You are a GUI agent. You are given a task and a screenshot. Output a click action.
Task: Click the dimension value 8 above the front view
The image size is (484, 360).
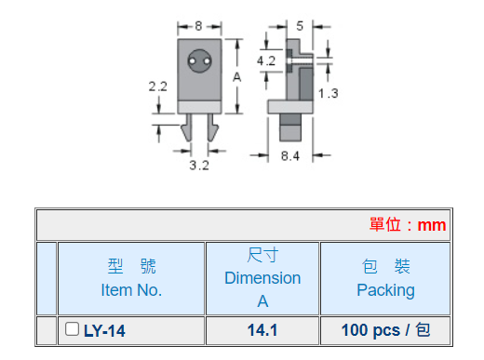[x=198, y=26]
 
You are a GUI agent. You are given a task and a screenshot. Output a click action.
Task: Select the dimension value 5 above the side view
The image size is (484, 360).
[x=300, y=26]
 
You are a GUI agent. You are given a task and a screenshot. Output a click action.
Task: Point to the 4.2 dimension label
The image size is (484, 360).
[x=266, y=60]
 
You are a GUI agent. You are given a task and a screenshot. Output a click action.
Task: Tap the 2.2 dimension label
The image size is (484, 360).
[x=157, y=87]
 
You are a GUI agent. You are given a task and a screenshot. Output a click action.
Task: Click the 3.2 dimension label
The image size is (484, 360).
[x=199, y=166]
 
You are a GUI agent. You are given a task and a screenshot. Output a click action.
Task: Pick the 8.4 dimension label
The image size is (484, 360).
[x=290, y=155]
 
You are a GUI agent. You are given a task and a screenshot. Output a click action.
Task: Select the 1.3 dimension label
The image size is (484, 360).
[x=329, y=93]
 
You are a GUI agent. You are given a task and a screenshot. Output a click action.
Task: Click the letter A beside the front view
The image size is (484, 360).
[x=236, y=77]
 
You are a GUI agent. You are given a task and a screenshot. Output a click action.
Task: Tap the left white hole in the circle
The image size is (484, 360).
[x=193, y=61]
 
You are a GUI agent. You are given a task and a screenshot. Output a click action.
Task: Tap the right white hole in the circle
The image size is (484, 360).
[x=207, y=61]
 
